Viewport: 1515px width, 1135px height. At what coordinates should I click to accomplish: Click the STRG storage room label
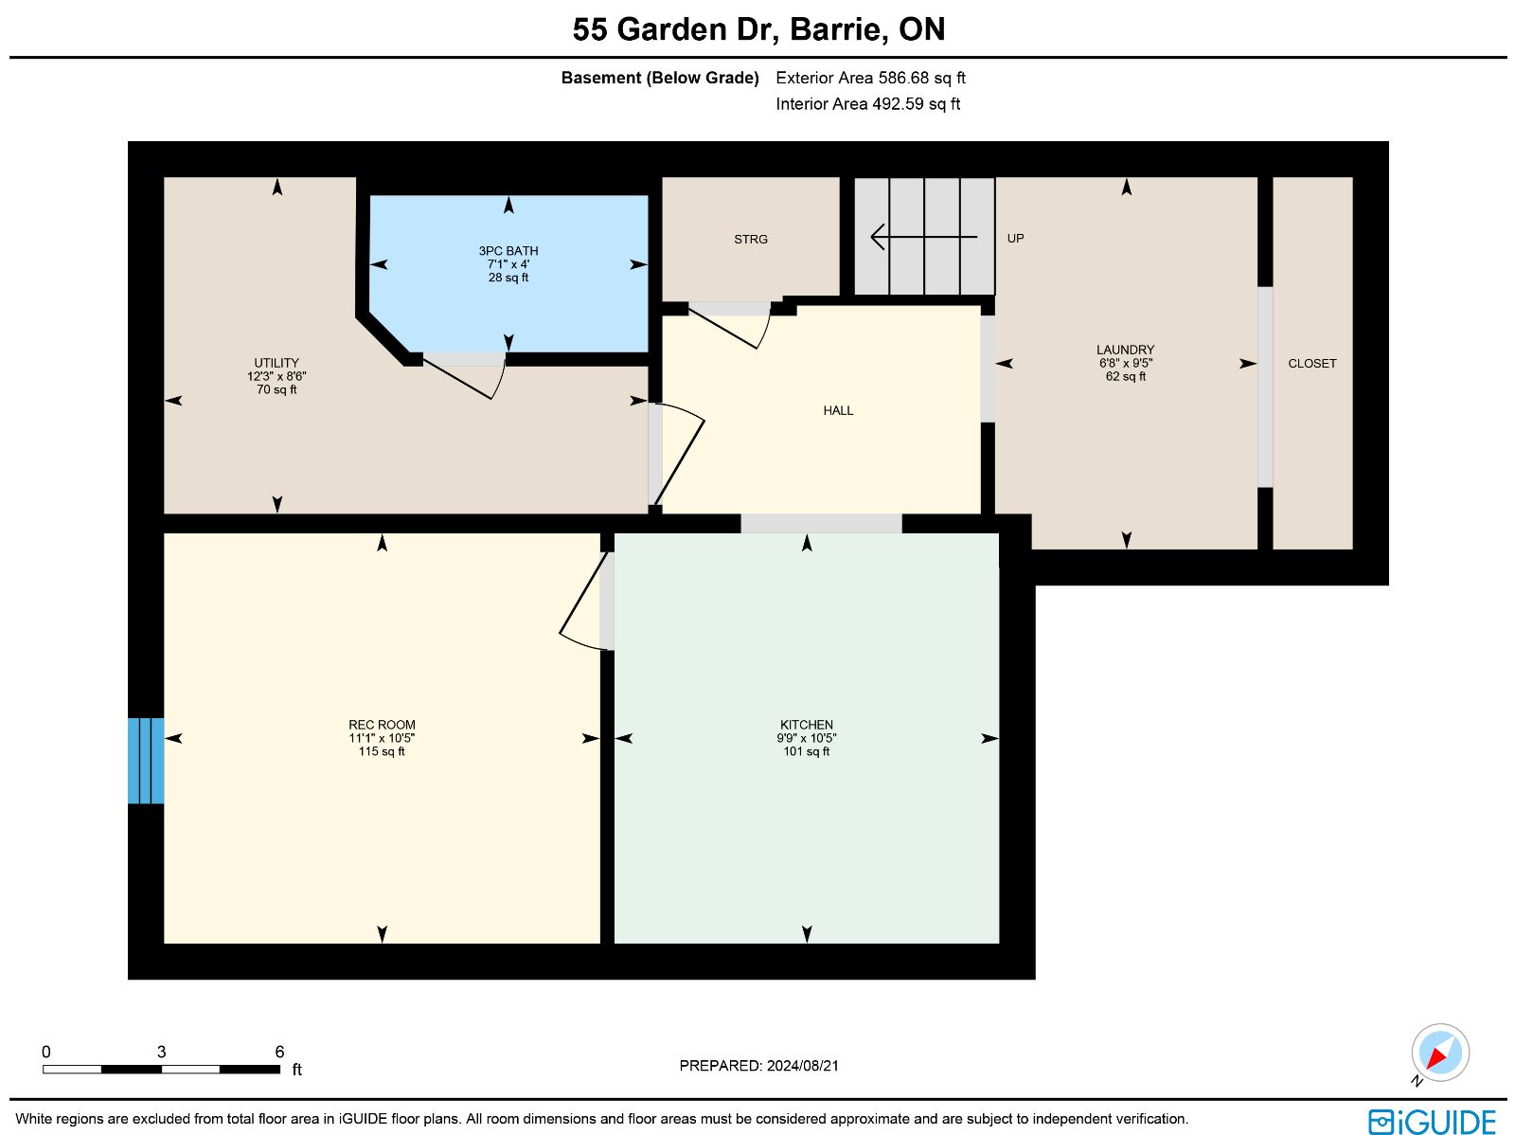click(750, 240)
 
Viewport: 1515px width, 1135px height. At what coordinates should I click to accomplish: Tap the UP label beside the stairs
click(1015, 238)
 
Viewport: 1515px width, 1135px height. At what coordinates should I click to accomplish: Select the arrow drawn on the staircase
click(923, 237)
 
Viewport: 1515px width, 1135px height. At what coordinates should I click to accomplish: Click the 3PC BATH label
click(508, 251)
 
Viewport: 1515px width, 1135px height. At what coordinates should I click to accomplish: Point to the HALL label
click(838, 411)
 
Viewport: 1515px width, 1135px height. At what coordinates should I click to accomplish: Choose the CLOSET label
click(1311, 364)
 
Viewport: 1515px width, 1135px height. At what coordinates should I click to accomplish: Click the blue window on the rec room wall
click(146, 761)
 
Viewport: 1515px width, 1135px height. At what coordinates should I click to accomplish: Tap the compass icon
click(1440, 1053)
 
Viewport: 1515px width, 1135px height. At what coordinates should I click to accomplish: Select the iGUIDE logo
click(1432, 1121)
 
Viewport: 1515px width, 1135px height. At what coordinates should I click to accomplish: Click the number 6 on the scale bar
click(279, 1052)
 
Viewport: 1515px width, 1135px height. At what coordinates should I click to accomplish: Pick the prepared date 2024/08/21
click(802, 1065)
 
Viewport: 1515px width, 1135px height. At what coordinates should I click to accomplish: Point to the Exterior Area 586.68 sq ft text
click(870, 78)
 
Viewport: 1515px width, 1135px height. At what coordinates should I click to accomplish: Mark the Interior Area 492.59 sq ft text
click(867, 104)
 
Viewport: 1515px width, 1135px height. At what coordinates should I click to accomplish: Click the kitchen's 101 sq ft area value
click(806, 751)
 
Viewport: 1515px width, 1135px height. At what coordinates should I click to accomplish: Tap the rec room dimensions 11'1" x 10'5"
click(382, 738)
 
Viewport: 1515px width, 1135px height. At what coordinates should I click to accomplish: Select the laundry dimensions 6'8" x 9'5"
click(1125, 363)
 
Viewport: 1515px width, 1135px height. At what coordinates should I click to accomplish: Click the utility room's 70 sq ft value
click(276, 389)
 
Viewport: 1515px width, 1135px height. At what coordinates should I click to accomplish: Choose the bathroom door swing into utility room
click(464, 376)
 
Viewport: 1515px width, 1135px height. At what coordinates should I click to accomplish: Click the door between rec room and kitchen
click(584, 600)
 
